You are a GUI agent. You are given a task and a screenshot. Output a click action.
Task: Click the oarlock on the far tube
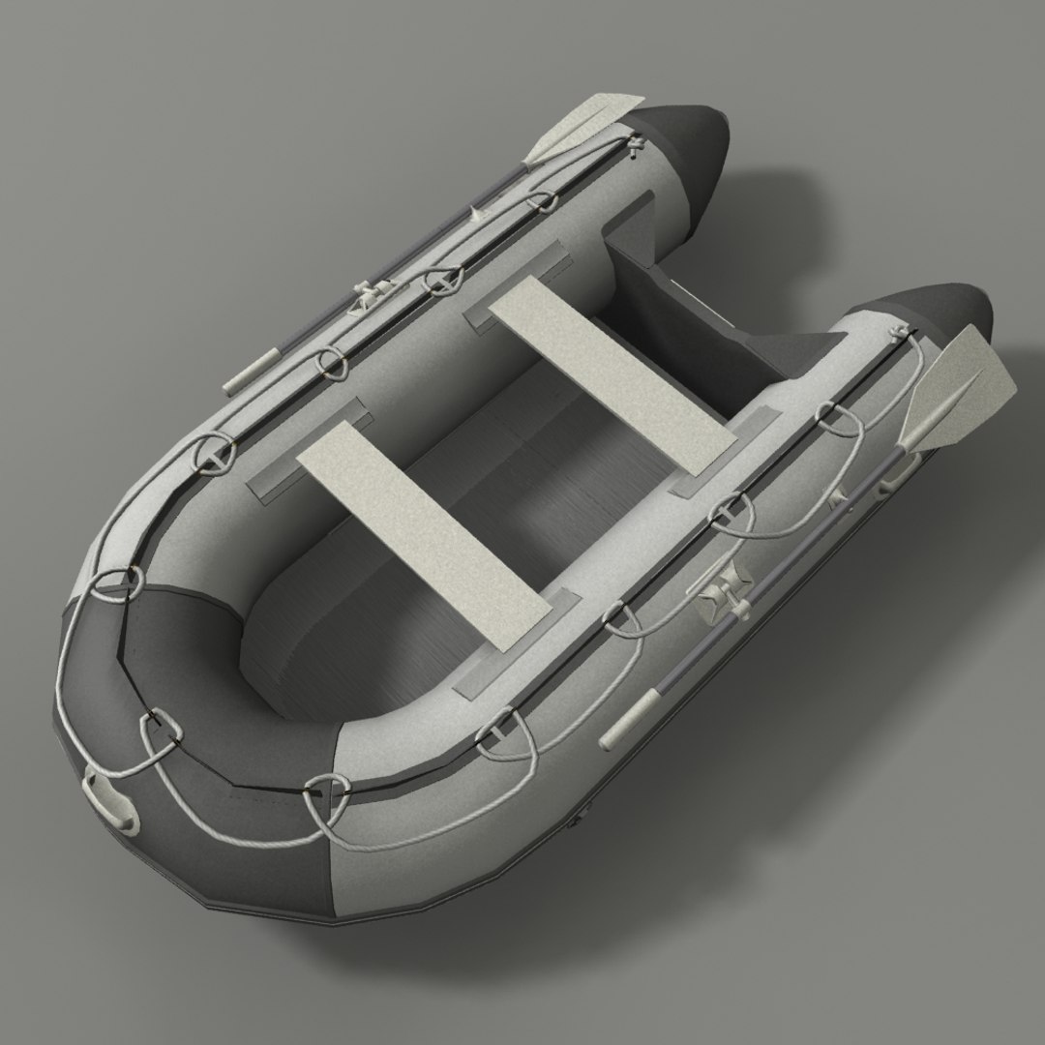click(372, 292)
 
